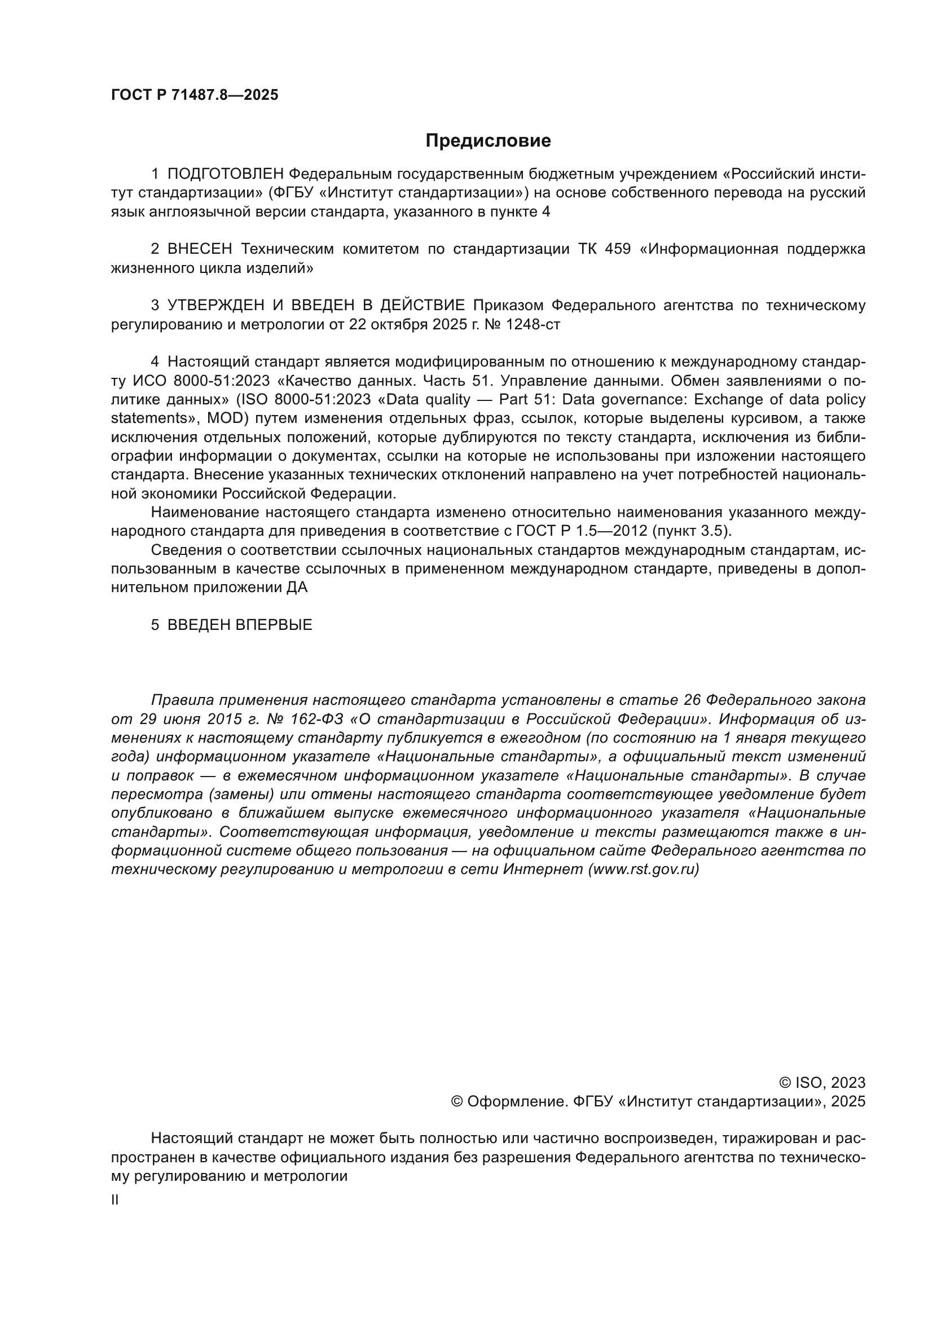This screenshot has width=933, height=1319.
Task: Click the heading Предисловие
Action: (x=488, y=141)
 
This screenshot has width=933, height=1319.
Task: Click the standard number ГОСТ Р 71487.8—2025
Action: (x=194, y=95)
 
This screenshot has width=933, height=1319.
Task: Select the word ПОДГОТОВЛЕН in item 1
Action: (x=226, y=174)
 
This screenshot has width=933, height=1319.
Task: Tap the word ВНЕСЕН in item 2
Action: (x=200, y=249)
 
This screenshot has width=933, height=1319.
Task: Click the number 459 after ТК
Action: (x=618, y=249)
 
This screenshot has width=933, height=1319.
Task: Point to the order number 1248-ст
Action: (x=532, y=325)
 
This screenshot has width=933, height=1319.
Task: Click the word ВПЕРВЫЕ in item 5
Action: (x=274, y=625)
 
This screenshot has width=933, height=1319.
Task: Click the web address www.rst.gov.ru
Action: (x=644, y=869)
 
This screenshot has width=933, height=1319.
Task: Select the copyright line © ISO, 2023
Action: (x=821, y=1083)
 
